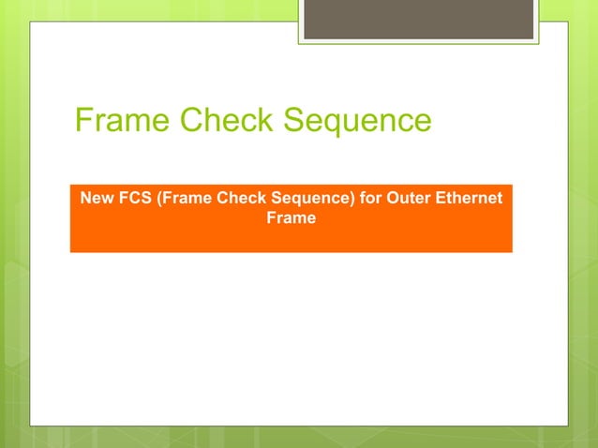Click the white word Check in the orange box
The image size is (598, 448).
click(238, 199)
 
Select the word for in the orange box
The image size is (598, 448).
click(363, 199)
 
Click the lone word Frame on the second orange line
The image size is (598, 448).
click(291, 218)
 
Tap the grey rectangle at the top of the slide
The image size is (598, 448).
click(418, 20)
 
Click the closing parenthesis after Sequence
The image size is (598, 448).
click(342, 199)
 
